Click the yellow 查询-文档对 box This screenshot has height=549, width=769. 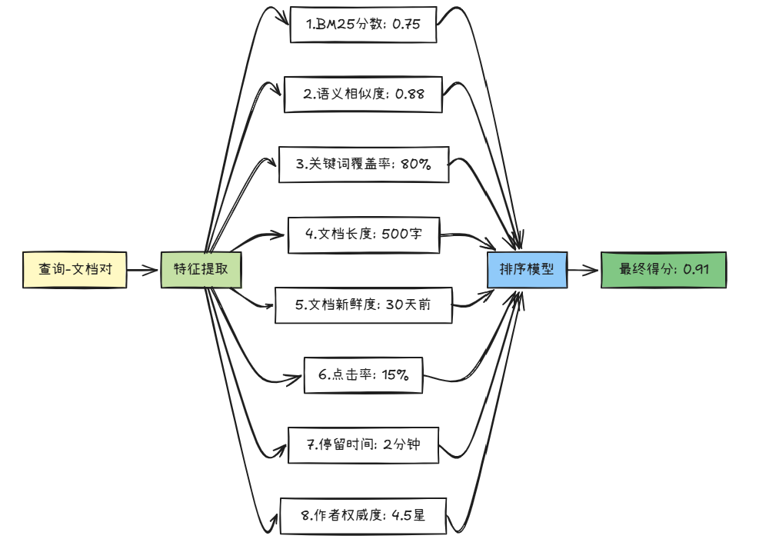tap(75, 270)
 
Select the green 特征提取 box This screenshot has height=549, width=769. tap(201, 270)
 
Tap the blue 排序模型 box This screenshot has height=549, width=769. tap(528, 270)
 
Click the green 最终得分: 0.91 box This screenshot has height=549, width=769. tap(663, 270)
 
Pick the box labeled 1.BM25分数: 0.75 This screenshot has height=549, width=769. tap(364, 25)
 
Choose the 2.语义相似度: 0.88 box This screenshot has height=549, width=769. tap(363, 95)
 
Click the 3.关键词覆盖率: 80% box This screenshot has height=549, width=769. tap(364, 165)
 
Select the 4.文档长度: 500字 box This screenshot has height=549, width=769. tap(364, 235)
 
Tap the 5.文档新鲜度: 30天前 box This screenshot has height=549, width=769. tap(364, 304)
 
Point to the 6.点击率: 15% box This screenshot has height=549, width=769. tap(363, 375)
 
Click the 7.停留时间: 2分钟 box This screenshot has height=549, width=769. tap(363, 444)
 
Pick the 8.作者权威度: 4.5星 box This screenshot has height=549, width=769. tap(363, 515)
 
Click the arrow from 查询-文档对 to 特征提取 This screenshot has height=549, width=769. tap(143, 270)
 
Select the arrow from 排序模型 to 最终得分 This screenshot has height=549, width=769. tap(584, 270)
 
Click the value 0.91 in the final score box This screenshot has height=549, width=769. tap(695, 270)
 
